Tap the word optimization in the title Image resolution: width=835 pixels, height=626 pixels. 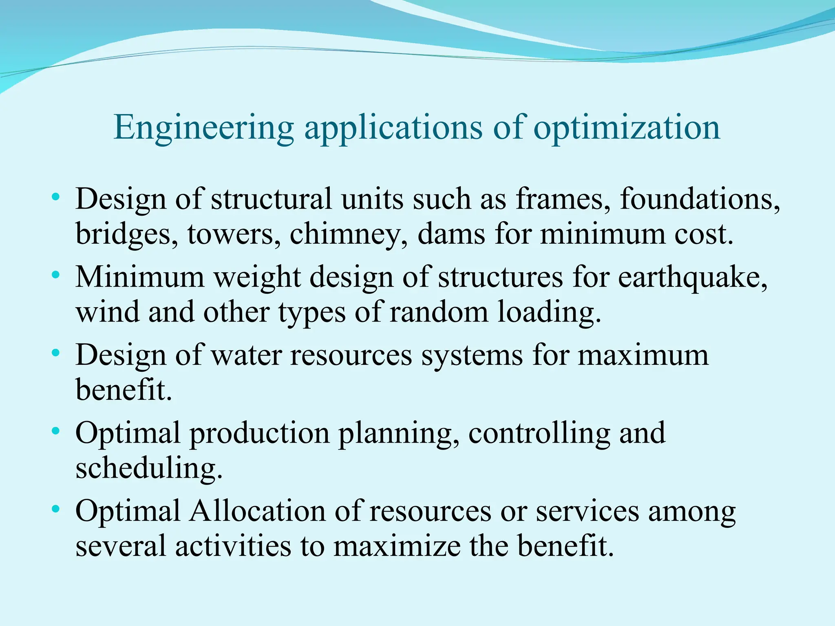click(627, 128)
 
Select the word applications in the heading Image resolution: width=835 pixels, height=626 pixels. click(393, 128)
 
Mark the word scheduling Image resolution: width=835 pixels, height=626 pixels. click(149, 469)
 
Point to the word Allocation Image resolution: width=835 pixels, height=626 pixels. click(257, 511)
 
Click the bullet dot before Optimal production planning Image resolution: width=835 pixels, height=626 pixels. click(56, 431)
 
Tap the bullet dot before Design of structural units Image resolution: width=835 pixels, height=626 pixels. click(56, 197)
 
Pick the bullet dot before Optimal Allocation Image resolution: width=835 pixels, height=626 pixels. click(56, 509)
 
